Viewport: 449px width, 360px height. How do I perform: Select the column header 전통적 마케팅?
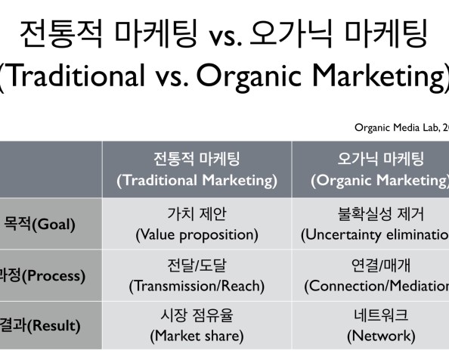[x=197, y=160]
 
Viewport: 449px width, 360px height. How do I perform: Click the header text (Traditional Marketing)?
[x=197, y=180]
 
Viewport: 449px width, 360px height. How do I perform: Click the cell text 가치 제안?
[x=197, y=214]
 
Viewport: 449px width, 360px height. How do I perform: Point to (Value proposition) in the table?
[x=197, y=234]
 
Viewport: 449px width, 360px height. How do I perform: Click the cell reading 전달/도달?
[x=197, y=265]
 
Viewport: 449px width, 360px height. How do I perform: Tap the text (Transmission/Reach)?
[x=197, y=286]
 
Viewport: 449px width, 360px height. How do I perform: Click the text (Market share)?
[x=197, y=335]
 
